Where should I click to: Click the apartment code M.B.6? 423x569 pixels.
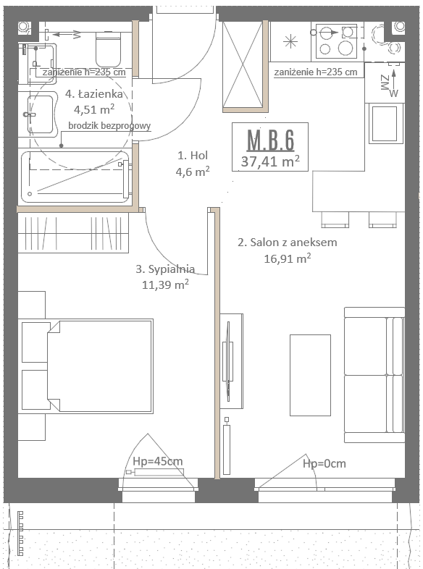[x=270, y=140]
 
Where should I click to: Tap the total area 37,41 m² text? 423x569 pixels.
[x=270, y=161]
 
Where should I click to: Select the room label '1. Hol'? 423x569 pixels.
[x=193, y=156]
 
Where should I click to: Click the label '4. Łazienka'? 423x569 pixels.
[x=94, y=93]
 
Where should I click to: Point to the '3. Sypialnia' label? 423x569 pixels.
[x=165, y=269]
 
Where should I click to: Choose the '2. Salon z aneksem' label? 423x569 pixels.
[x=288, y=243]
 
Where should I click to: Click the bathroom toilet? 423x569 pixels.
[x=108, y=49]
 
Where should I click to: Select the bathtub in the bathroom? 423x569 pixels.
[x=75, y=177]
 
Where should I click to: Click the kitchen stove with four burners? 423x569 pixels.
[x=336, y=41]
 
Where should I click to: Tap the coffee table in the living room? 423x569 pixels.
[x=310, y=375]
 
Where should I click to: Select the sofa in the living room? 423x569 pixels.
[x=374, y=375]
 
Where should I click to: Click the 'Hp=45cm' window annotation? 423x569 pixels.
[x=158, y=461]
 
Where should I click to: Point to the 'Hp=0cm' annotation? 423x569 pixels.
[x=324, y=463]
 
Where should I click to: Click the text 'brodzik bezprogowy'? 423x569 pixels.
[x=109, y=126]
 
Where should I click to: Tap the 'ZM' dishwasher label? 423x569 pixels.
[x=385, y=83]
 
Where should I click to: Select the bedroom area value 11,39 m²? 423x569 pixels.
[x=165, y=284]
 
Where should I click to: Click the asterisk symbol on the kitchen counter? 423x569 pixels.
[x=290, y=42]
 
